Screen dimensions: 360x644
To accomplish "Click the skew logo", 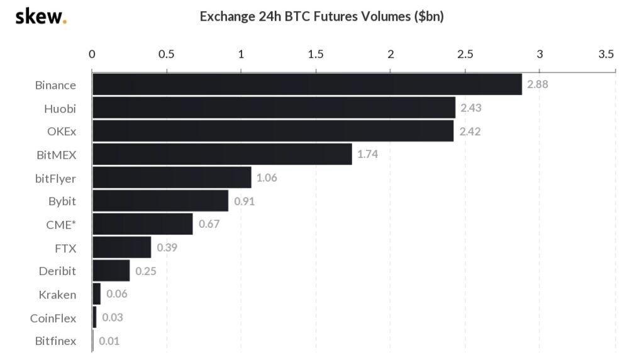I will coord(40,16).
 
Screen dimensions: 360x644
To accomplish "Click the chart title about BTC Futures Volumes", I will coord(321,16).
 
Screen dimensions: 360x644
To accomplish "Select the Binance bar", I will coord(307,84).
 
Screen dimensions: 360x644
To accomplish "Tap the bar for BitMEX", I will coord(222,154).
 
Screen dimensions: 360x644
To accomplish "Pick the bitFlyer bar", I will coord(172,177).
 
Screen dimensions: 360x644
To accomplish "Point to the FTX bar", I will coord(121,247).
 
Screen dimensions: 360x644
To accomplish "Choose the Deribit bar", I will coord(111,271).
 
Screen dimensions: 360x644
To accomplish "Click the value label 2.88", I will coord(538,84).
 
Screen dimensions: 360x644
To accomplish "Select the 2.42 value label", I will coord(469,131).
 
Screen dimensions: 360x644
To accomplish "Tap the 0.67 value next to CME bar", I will coord(209,224).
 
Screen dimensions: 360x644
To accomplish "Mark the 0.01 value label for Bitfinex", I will coord(109,341).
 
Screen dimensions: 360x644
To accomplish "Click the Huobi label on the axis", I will coord(60,108).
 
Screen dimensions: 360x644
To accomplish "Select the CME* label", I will coord(62,225).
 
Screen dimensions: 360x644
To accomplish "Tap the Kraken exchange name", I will coord(57,295).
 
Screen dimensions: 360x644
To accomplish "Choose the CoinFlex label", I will coord(53,318).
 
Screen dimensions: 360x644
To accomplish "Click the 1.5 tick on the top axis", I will coord(316,54).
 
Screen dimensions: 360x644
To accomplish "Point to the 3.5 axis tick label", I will coord(606,54).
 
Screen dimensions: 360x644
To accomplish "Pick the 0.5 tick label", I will coord(166,54).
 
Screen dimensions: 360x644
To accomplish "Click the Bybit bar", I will coord(160,201).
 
